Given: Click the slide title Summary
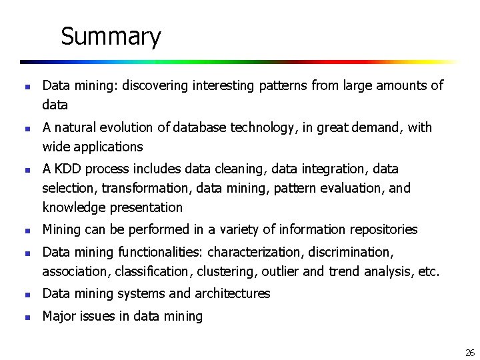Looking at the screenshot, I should click(111, 36).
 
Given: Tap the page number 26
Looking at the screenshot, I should click(469, 353).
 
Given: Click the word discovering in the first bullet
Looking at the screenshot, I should click(157, 85).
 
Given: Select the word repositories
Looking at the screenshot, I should click(383, 230).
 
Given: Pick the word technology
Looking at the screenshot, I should click(261, 127).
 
